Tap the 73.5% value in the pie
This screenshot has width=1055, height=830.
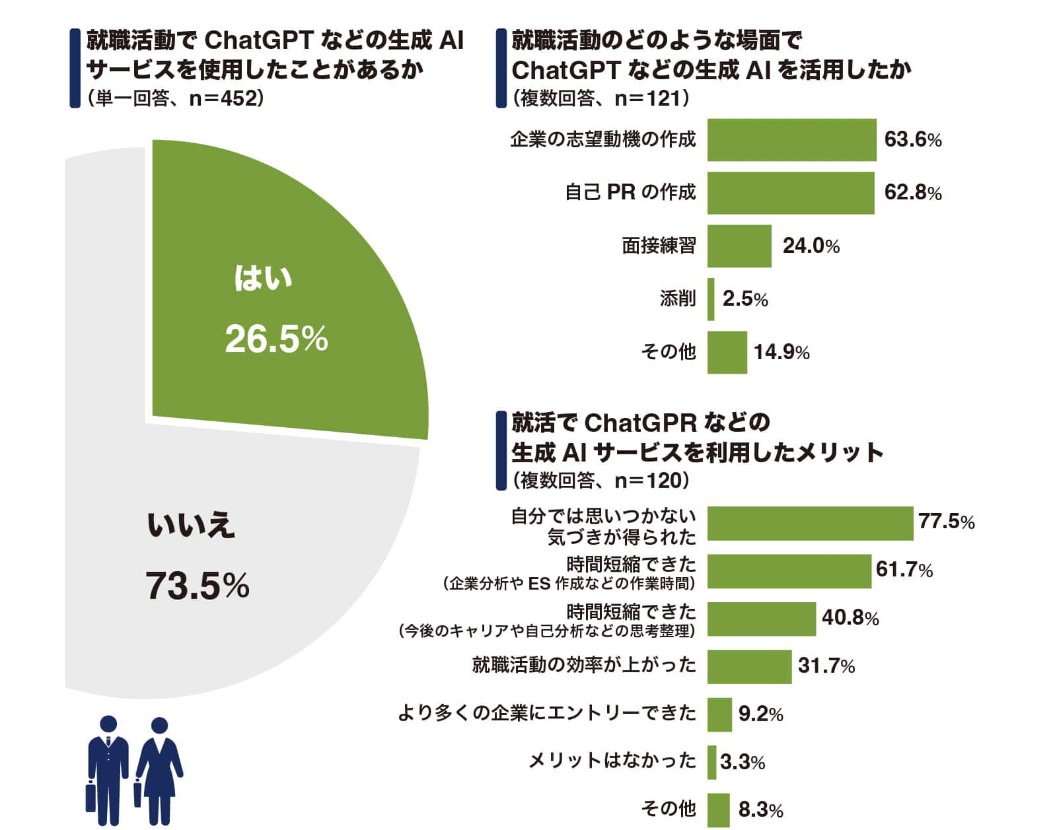(x=197, y=586)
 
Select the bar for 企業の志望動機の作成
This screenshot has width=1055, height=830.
(x=791, y=140)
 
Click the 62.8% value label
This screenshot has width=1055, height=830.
(x=912, y=193)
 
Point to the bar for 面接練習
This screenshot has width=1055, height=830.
(x=739, y=246)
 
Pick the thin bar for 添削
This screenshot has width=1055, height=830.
(x=711, y=299)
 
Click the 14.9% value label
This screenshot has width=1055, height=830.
(x=781, y=352)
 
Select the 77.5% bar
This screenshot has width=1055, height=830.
(x=809, y=524)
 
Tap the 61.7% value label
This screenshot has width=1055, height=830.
(x=904, y=569)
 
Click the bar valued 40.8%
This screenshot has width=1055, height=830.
(x=761, y=619)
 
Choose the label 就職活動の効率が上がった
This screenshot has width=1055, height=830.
(x=584, y=665)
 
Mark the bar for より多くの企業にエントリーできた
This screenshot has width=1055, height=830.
(x=719, y=714)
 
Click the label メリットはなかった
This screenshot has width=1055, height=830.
(x=612, y=761)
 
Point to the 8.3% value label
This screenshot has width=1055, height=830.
(x=760, y=810)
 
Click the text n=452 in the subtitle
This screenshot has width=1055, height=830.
(x=222, y=99)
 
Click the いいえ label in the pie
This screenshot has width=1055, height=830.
(x=190, y=526)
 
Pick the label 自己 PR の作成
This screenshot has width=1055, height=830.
(x=630, y=193)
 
